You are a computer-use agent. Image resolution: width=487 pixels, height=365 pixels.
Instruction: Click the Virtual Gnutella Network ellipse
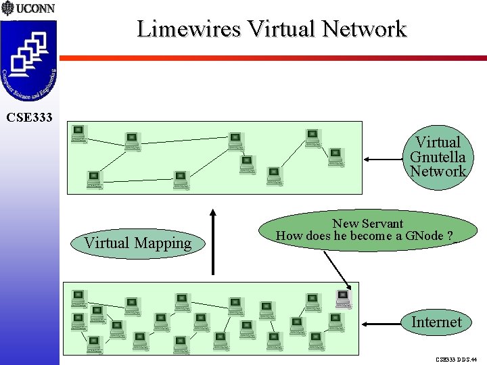438,157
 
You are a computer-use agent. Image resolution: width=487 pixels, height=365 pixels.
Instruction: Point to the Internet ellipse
436,322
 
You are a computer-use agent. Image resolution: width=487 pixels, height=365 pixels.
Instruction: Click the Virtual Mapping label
138,243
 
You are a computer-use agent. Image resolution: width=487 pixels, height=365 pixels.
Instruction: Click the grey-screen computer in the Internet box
344,297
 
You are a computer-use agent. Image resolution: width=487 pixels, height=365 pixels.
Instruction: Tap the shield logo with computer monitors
29,61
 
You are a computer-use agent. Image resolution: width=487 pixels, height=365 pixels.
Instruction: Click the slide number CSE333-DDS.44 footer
456,360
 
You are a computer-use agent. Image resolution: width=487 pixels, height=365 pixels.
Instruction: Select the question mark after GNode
450,237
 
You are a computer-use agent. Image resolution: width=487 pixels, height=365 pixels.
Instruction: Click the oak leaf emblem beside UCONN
7,9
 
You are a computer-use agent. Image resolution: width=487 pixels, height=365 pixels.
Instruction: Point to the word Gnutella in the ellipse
438,157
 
